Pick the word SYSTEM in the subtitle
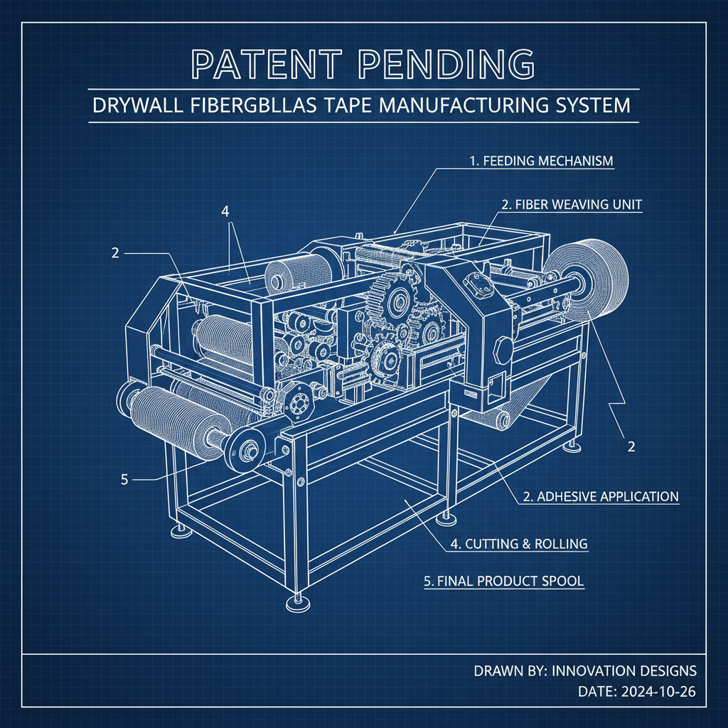594,106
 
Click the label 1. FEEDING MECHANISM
541,161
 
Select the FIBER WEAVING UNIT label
572,205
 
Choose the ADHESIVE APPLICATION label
601,496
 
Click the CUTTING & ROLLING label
519,545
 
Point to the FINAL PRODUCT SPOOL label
503,581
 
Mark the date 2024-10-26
658,692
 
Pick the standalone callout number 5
124,479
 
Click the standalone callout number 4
225,212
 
